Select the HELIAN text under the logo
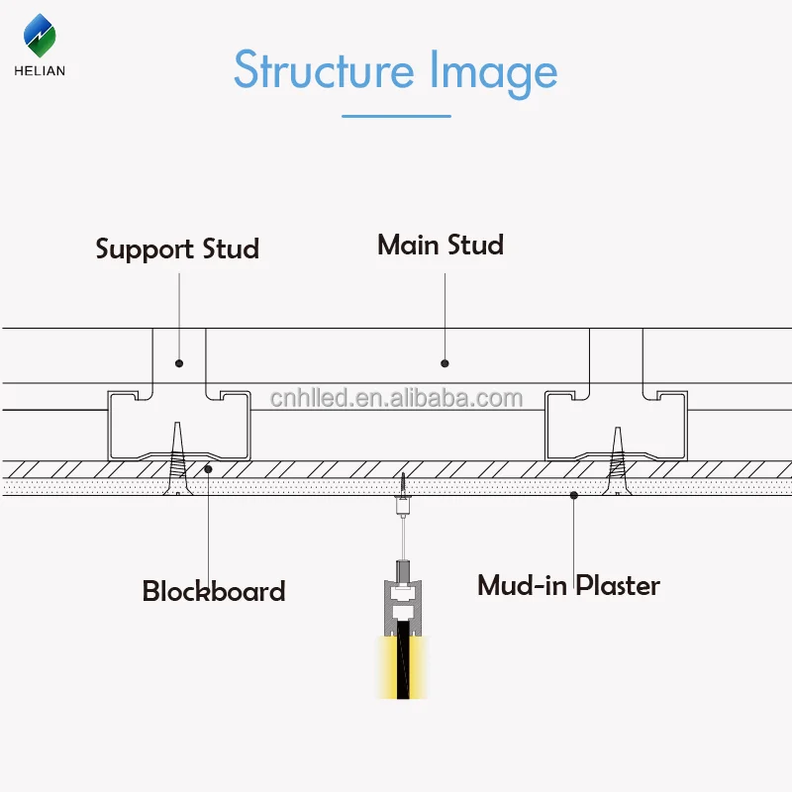click(x=41, y=70)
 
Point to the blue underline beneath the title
click(x=396, y=116)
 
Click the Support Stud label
click(x=177, y=247)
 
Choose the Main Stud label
click(x=441, y=245)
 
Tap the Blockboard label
click(x=214, y=591)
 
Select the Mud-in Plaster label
click(x=568, y=584)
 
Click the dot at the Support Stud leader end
click(x=179, y=362)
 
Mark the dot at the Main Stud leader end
click(x=445, y=363)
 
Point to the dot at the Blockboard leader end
click(x=208, y=468)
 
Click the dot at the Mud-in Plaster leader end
click(x=574, y=492)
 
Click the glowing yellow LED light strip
click(x=402, y=668)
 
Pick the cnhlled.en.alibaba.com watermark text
click(x=396, y=399)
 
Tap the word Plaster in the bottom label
click(x=618, y=584)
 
